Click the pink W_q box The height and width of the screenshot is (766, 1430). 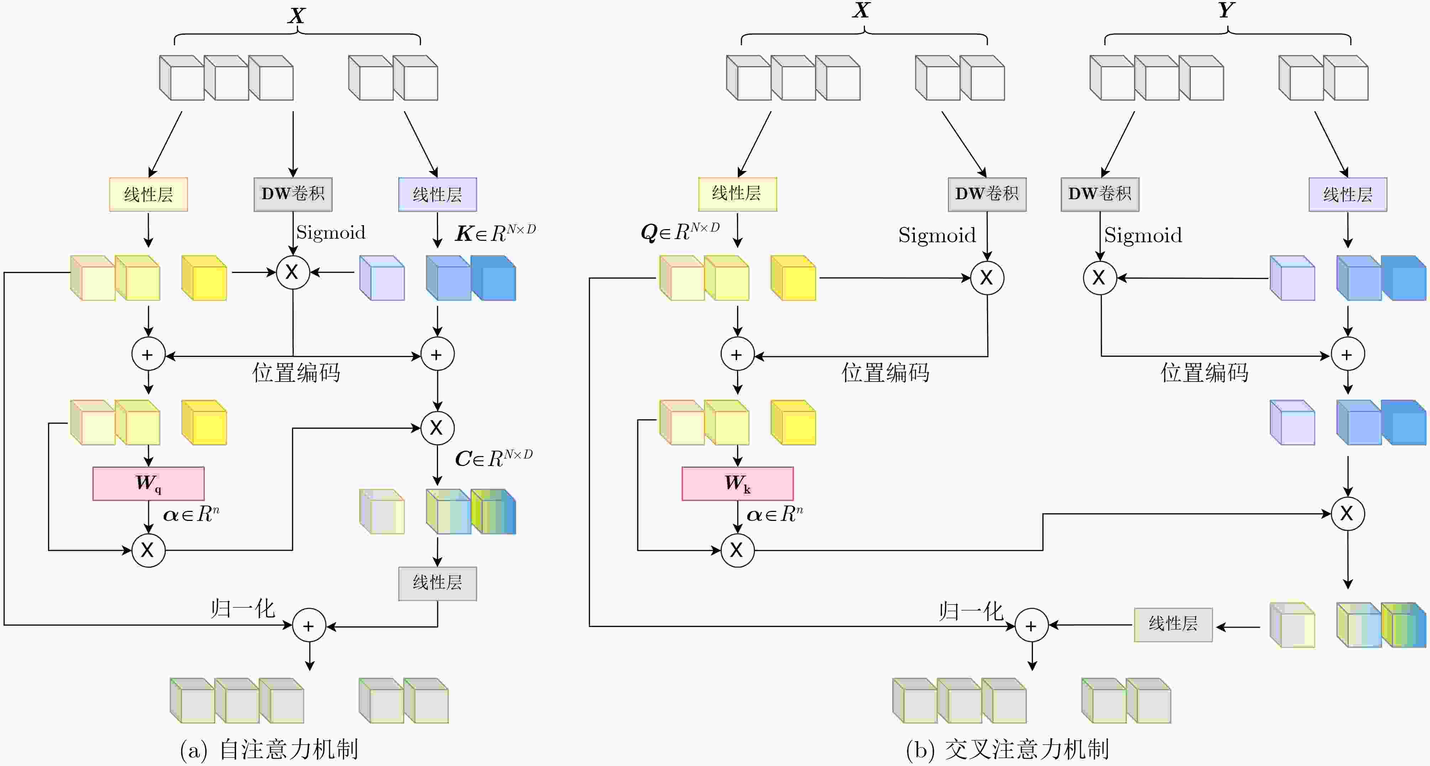coord(148,483)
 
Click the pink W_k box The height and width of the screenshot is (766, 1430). coord(737,483)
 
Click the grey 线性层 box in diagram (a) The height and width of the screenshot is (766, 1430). coord(437,583)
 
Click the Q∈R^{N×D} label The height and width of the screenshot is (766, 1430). coord(680,231)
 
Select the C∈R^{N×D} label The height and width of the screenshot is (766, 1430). coord(494,458)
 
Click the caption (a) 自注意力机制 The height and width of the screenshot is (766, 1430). coord(269,749)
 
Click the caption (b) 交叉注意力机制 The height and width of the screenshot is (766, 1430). coord(1007,749)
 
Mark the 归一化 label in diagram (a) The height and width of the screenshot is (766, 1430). coord(242,609)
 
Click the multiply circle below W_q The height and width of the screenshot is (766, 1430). coord(148,550)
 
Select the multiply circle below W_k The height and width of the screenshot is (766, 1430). coord(737,550)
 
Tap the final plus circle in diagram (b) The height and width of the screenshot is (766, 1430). coord(1032,626)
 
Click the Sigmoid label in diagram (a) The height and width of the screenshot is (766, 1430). coord(331,232)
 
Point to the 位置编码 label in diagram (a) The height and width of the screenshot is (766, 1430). coord(296,372)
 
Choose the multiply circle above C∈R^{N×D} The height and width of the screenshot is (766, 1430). coord(437,428)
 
